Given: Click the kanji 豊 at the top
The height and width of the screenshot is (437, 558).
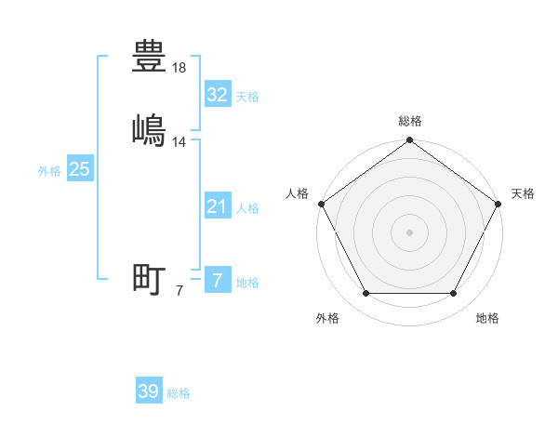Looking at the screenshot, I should coord(150,56).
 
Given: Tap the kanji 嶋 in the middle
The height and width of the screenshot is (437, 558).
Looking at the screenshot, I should coord(150,129).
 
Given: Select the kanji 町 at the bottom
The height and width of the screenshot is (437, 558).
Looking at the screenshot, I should coord(150,278).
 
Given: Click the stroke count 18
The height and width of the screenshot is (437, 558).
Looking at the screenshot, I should coord(179,68).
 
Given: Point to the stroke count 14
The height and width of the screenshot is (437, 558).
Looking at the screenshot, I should coord(179,142).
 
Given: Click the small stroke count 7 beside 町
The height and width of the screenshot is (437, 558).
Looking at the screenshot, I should coord(179,291).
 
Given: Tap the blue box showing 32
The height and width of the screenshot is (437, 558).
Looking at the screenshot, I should coord(217,95).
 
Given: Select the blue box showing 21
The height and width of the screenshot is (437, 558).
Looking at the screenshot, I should coord(217,206).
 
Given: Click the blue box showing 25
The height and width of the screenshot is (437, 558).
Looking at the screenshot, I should coord(79,169).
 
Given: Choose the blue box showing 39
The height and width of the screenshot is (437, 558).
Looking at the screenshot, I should coord(148,391).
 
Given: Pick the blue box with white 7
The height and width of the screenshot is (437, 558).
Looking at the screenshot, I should coord(217,280).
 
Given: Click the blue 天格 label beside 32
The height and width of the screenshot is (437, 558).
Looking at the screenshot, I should coord(247,97).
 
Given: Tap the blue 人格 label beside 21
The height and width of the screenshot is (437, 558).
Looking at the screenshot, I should coord(247,208).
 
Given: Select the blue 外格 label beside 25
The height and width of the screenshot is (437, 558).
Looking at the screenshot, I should coord(49,171).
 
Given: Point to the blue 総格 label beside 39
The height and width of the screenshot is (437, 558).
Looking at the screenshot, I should coord(179,393).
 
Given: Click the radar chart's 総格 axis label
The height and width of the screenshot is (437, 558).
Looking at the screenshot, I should coord(409,121).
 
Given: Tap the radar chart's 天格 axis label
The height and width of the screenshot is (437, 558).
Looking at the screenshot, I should coord(523,193).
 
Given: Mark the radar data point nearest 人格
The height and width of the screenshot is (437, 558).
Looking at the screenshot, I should coord(321,204).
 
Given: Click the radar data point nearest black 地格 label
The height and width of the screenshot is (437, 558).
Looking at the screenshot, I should coord(453,294).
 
